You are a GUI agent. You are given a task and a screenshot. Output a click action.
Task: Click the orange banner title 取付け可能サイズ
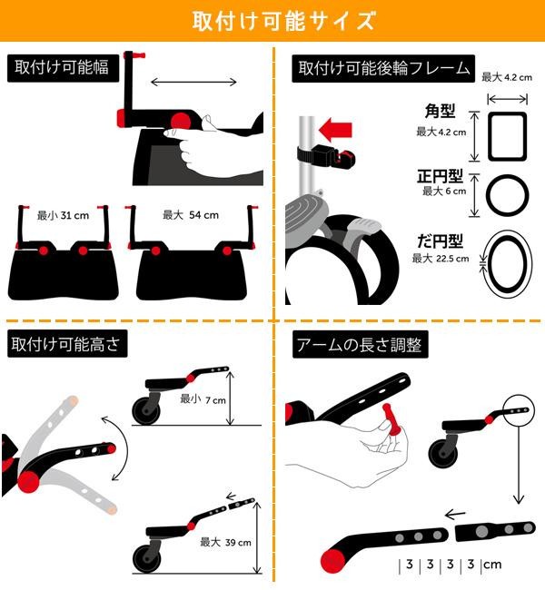284,20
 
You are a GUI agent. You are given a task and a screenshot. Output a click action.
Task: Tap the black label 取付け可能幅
63,68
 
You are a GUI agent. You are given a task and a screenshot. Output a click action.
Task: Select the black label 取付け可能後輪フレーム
383,68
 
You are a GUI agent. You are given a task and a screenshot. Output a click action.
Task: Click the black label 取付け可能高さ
67,343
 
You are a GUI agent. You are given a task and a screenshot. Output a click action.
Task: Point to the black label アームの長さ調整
360,344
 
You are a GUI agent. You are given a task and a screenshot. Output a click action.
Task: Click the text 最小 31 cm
63,216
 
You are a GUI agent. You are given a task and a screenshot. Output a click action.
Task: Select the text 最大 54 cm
191,215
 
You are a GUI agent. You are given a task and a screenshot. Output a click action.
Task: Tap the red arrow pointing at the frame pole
335,130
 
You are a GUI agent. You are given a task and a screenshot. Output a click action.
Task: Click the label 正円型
440,176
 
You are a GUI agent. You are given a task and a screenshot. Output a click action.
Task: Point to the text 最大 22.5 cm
441,259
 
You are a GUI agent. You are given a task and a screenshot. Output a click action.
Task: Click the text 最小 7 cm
203,399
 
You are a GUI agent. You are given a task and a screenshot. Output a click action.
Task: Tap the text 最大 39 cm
225,542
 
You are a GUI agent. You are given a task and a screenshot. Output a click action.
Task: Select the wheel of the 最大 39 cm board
147,558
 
